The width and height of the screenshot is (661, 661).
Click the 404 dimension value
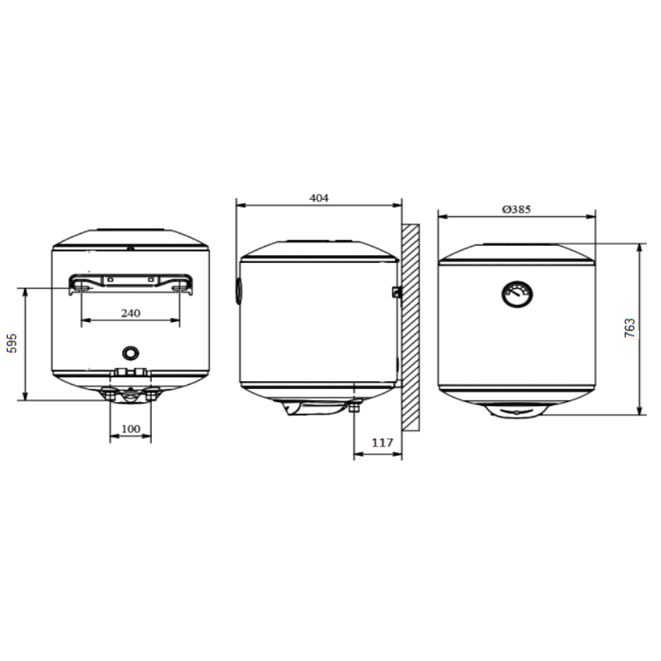[319, 198]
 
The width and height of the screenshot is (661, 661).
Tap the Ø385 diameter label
[516, 209]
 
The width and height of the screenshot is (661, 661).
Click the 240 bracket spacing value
[130, 313]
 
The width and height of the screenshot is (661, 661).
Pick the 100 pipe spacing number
[131, 428]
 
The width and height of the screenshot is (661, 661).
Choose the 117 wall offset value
[381, 442]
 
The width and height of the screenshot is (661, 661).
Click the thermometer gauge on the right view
[516, 293]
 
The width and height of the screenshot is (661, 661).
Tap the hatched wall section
[411, 327]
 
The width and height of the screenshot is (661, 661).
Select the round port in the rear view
[131, 351]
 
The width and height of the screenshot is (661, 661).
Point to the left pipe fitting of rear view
[110, 396]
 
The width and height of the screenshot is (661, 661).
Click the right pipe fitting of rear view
[152, 396]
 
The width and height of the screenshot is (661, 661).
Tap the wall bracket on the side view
[397, 292]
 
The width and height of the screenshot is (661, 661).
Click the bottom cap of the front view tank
[516, 410]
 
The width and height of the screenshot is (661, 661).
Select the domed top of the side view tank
[319, 249]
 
